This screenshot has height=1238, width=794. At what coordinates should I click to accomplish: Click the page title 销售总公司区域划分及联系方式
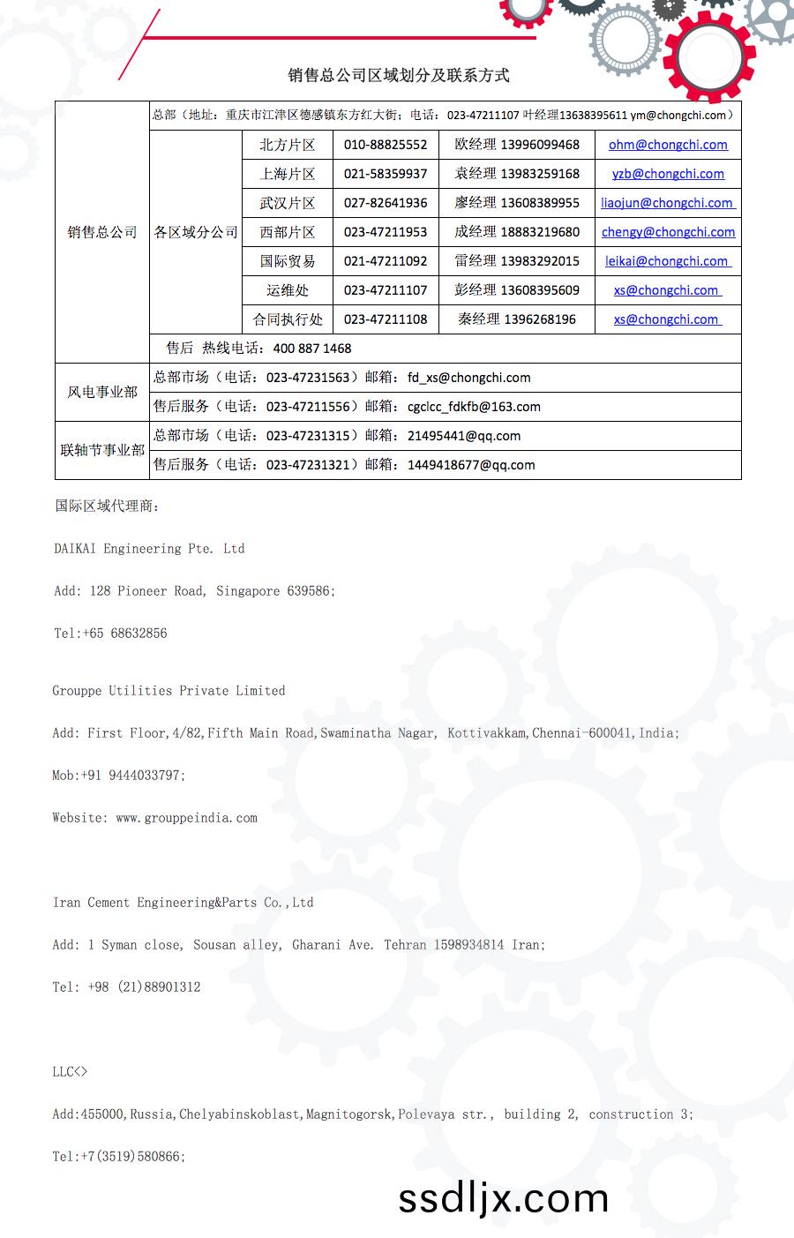(399, 76)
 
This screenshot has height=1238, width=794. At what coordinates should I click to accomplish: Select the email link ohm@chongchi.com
(668, 145)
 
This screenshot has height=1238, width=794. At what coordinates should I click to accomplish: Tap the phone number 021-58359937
(386, 174)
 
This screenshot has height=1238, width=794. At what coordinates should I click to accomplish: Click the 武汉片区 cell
(287, 203)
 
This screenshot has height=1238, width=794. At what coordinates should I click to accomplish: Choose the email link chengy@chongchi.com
(668, 232)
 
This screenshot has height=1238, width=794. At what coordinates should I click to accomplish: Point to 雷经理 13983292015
(517, 261)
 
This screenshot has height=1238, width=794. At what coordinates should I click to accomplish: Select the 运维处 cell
(287, 290)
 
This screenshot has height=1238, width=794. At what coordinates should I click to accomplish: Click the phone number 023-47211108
(386, 319)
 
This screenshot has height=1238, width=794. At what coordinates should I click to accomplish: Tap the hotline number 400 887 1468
(312, 349)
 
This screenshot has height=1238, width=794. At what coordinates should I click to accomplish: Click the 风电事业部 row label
(102, 392)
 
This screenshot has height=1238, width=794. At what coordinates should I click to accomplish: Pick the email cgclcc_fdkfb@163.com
(474, 407)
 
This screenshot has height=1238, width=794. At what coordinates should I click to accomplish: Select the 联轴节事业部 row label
(102, 450)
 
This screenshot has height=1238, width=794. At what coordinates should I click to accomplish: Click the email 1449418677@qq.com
(471, 465)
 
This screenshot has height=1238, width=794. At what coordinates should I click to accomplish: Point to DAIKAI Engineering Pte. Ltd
(149, 549)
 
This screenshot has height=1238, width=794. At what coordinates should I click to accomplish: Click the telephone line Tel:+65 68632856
(110, 634)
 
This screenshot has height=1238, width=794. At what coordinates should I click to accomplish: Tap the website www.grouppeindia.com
(186, 818)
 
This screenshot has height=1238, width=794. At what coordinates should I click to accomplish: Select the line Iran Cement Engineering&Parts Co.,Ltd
(183, 903)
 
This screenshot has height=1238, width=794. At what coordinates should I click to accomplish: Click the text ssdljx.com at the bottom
(504, 1198)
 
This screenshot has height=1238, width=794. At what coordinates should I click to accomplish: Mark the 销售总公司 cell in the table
(102, 232)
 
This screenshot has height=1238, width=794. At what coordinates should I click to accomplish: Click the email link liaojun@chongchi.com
(668, 203)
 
